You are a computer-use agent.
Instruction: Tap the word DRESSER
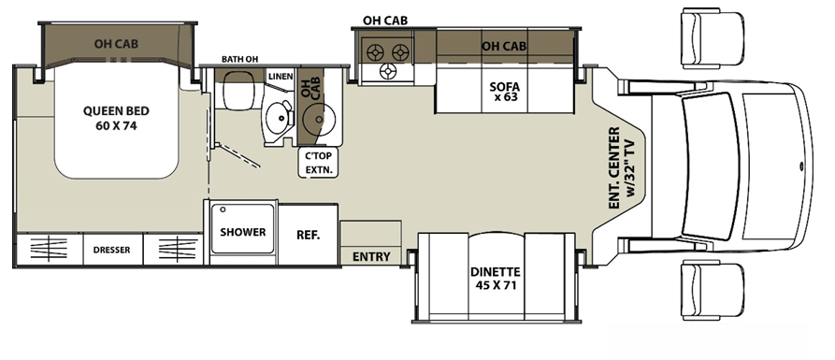coord(111,251)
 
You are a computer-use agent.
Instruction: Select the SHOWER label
coord(243,232)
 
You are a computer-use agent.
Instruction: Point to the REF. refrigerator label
coord(309,235)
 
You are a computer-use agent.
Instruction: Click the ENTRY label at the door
coord(371,257)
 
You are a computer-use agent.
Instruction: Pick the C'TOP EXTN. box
coord(318,164)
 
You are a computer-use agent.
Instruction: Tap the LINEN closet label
coord(280,76)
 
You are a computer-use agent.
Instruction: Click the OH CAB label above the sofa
coord(503,45)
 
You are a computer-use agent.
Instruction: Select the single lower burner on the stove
coord(389,72)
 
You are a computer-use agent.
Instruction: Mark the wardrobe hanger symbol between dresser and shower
coord(178,250)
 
